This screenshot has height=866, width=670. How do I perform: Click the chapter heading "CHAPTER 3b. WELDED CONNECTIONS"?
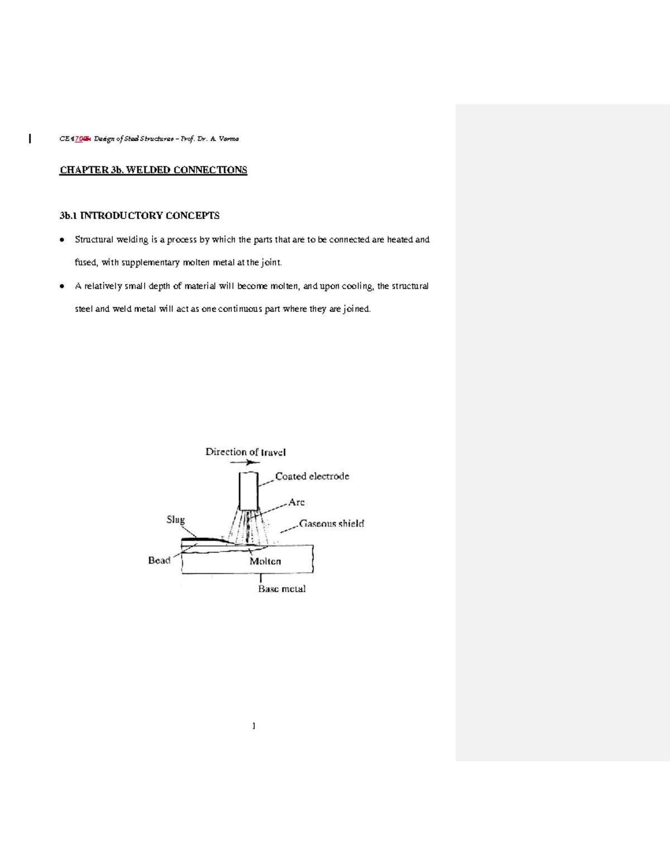point(153,170)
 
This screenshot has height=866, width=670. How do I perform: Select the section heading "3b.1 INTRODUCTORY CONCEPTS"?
point(140,216)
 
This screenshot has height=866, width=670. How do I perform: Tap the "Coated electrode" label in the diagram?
point(312,476)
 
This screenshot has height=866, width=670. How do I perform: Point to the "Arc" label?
point(296,502)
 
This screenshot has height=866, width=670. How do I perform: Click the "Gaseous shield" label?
point(332,524)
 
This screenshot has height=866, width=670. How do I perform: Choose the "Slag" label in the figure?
point(175,520)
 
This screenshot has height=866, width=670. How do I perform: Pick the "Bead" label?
point(159,560)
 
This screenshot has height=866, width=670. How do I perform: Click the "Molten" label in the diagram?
point(265,562)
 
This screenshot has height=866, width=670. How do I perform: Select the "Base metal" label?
point(281,589)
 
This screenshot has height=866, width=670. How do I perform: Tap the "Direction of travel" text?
point(246,452)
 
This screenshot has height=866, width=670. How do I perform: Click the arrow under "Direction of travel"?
point(245,462)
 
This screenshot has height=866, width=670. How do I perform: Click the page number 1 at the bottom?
point(254,726)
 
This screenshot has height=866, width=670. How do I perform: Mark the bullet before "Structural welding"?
point(62,240)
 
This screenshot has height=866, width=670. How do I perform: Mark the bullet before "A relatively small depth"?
point(62,287)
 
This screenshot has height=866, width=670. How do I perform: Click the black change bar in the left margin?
point(30,138)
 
